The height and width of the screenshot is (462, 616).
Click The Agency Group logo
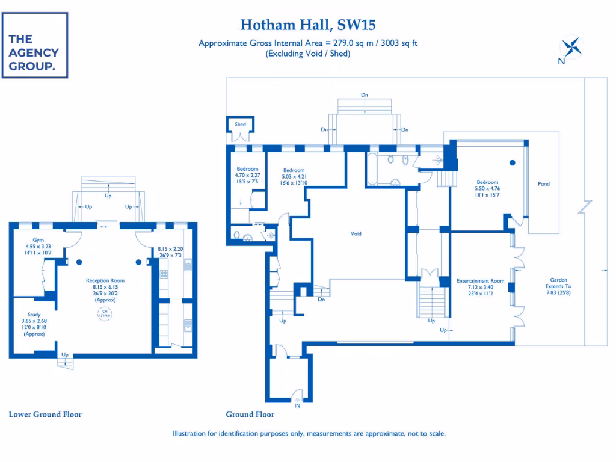tap(34, 45)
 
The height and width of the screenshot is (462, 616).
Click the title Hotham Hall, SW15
tap(308, 25)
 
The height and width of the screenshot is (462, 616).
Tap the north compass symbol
tap(570, 48)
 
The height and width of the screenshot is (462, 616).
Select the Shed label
tap(240, 125)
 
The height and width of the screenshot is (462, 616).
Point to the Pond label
tap(544, 184)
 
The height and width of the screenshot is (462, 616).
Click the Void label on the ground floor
tap(356, 233)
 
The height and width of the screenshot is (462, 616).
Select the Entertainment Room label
tap(480, 281)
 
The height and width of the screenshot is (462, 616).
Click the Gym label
tap(38, 239)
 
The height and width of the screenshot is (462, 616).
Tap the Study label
tap(34, 314)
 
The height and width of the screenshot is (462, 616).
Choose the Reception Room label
tap(105, 280)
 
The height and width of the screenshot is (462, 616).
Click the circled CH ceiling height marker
tap(105, 312)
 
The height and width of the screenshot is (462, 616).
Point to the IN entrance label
tap(297, 406)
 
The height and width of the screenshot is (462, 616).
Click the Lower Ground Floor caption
tap(45, 414)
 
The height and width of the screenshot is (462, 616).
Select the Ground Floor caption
tap(250, 414)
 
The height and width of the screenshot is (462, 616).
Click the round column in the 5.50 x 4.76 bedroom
tap(513, 162)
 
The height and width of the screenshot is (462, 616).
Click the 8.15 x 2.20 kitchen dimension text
tap(170, 249)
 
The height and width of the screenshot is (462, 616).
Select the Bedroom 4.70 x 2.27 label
tap(247, 169)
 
